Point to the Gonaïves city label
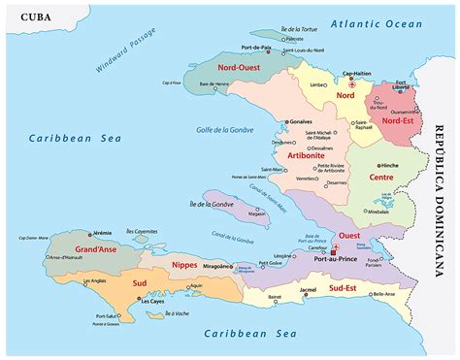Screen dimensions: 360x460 point(301,121)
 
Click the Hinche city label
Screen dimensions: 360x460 point(390,166)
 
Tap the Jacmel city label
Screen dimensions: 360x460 point(308,289)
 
